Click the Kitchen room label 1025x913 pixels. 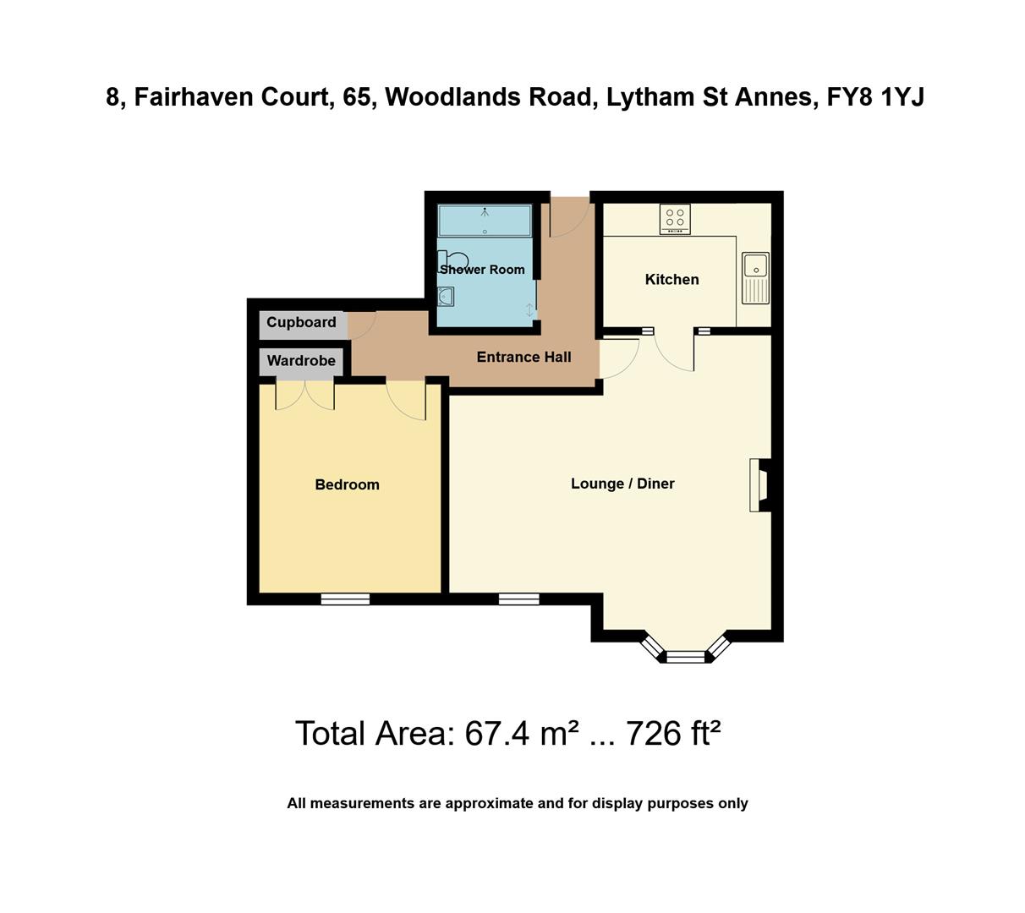tap(671, 280)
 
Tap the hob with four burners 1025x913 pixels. tap(675, 219)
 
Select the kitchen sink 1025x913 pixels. tap(754, 277)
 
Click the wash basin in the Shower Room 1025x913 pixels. tap(446, 297)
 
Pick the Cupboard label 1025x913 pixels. tap(301, 322)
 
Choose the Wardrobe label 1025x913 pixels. tap(301, 361)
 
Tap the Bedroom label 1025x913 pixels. tap(347, 484)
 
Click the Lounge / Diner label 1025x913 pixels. tap(622, 484)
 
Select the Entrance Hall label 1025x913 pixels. tap(523, 357)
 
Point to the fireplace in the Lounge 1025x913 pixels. tap(759, 485)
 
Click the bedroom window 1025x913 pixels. tap(345, 599)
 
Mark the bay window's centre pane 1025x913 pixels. tap(685, 656)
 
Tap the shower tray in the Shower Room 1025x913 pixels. tap(485, 221)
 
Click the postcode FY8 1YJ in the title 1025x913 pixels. tap(875, 97)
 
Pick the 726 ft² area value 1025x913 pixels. tap(672, 734)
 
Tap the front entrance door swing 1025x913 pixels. tap(569, 216)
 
